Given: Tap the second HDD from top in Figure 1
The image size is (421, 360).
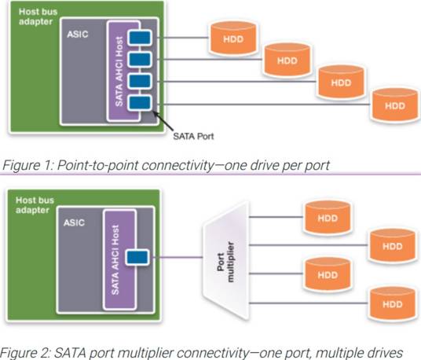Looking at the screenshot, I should pos(287,59).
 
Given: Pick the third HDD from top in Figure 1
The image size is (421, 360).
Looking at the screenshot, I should pos(340,81).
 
